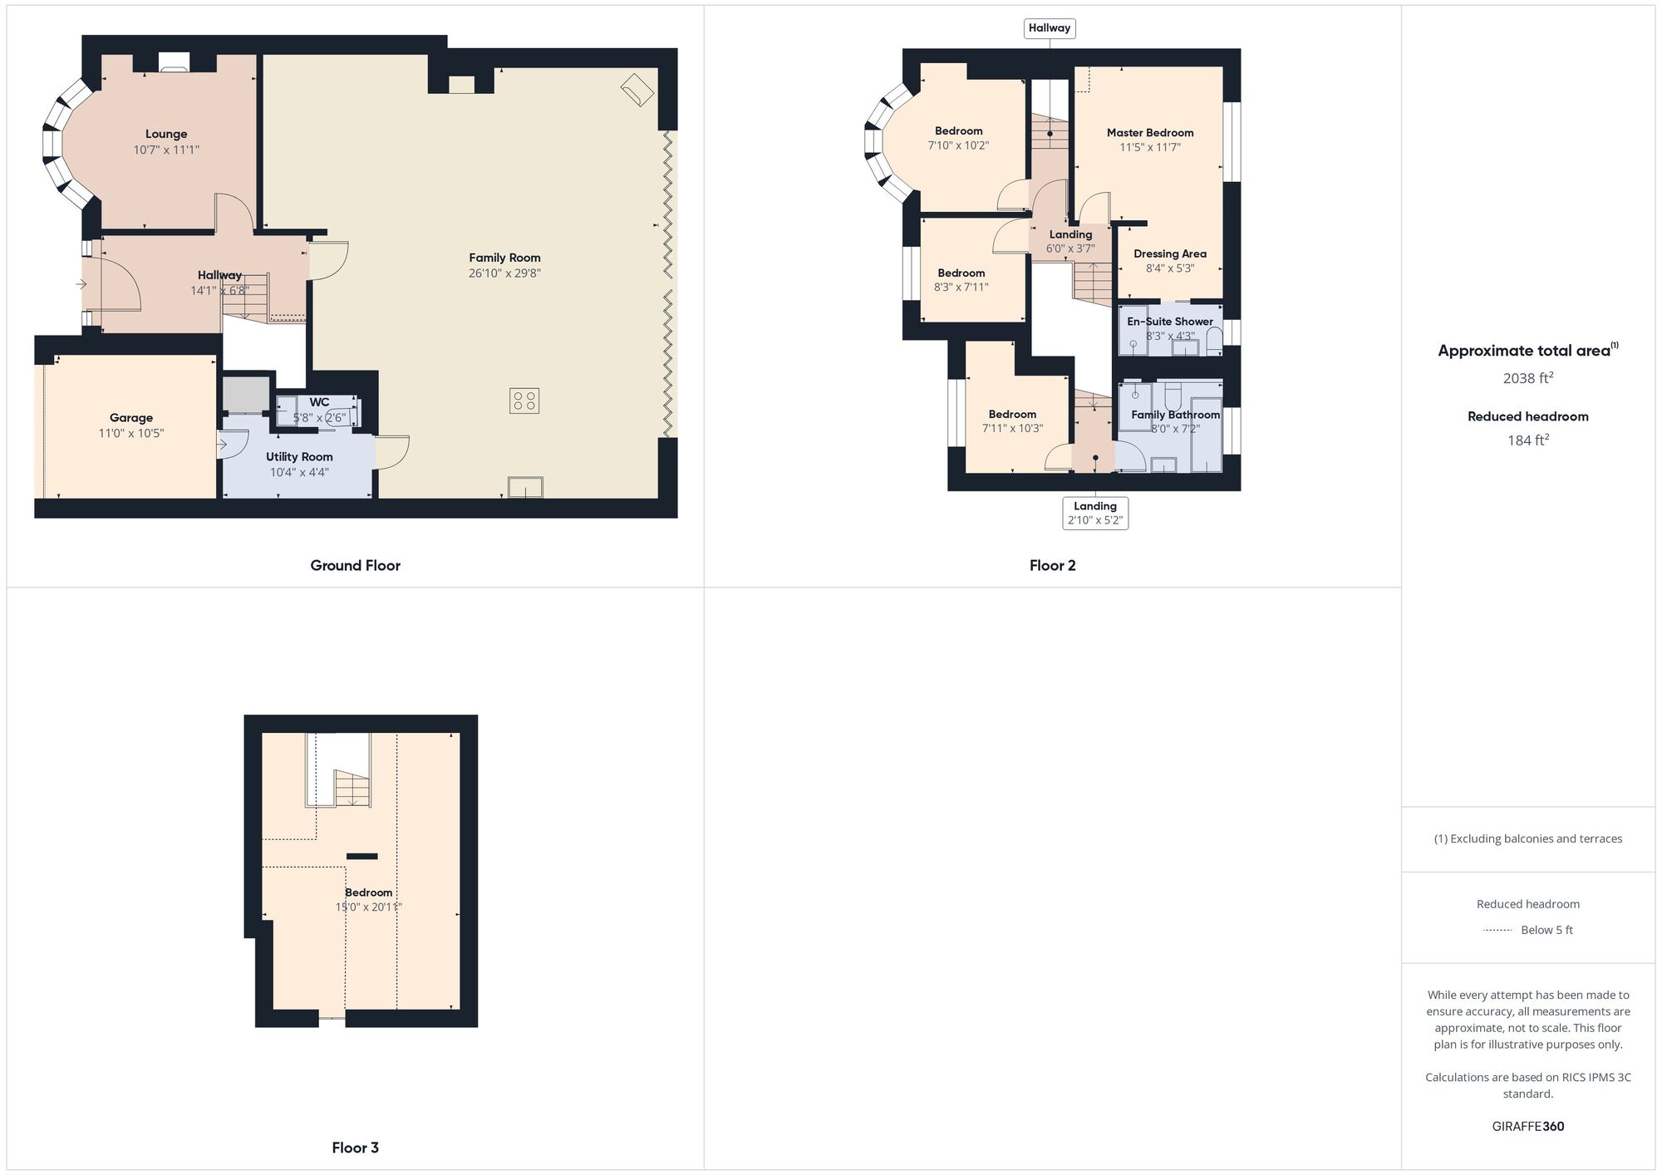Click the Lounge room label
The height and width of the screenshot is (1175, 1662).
coord(166,134)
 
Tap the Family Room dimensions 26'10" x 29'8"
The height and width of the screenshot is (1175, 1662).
coord(504,273)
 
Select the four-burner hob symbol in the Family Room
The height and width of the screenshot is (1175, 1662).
coord(524,401)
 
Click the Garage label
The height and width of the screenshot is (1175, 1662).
coord(131,418)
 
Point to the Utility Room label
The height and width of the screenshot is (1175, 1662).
coord(299,457)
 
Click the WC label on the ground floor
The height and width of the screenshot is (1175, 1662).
coord(320,402)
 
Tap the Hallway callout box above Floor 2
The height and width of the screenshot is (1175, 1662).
coord(1050,28)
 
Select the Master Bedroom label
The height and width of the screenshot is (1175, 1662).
coord(1150,133)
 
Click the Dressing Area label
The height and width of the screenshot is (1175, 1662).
coord(1170,254)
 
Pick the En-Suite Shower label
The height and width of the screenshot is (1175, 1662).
coord(1170,322)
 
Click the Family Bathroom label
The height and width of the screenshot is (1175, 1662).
coord(1176,415)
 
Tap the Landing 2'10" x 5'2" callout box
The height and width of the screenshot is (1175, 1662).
coord(1095,513)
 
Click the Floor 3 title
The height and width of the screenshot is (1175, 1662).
coord(355,1148)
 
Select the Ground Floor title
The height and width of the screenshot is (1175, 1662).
coord(355,566)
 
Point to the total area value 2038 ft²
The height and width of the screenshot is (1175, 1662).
coord(1528,378)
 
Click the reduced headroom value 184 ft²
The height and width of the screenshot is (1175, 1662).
coord(1528,440)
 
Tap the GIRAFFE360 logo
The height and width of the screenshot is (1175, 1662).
coord(1528,1127)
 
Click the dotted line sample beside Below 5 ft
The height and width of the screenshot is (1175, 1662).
coord(1497,931)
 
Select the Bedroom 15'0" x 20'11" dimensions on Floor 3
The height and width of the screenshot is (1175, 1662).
coord(368,907)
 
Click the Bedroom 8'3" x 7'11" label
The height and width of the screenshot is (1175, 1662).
coord(961,273)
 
